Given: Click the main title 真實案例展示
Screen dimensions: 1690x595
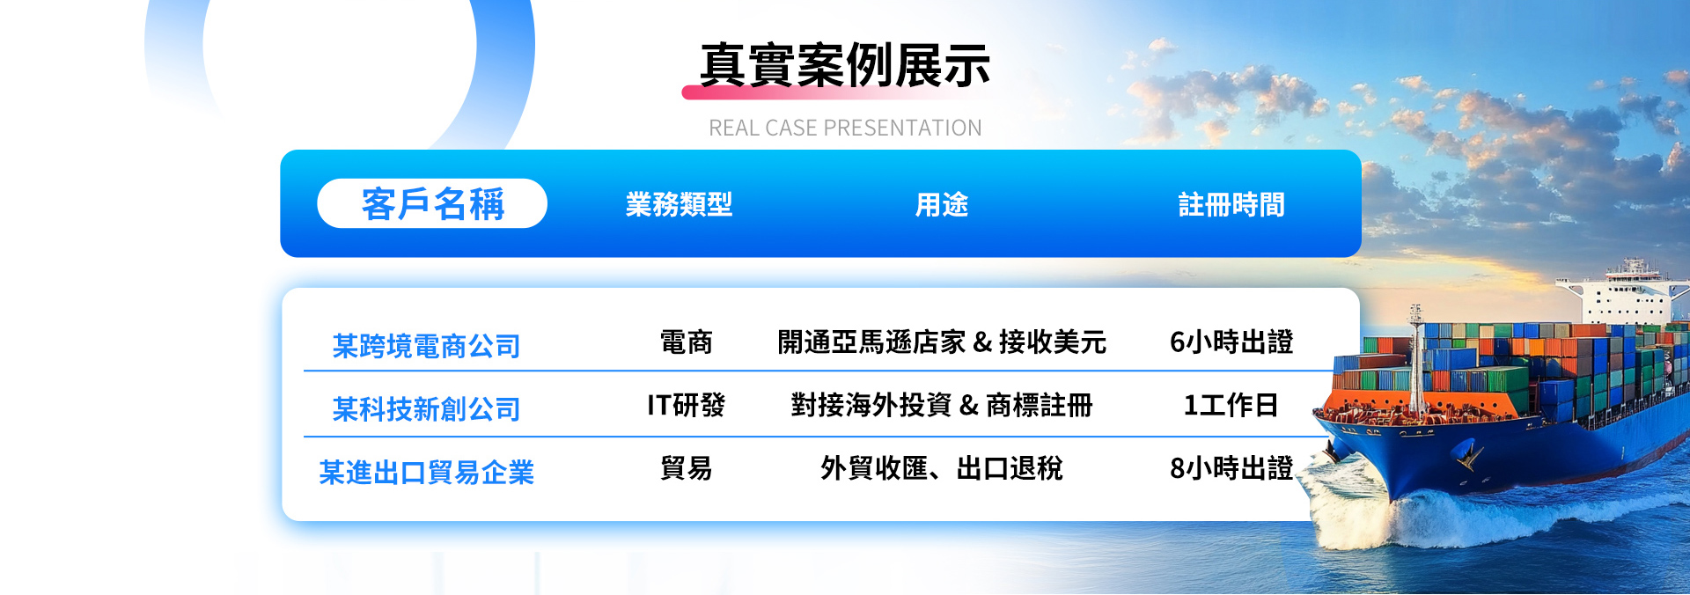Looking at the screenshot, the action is click(x=845, y=65).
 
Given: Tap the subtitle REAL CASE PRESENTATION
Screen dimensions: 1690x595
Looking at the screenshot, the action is click(x=845, y=129).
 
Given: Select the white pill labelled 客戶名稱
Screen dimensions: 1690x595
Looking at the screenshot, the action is click(x=432, y=203).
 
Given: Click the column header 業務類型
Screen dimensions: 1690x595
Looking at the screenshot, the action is click(x=679, y=205).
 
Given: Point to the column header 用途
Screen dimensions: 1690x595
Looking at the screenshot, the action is click(x=942, y=205).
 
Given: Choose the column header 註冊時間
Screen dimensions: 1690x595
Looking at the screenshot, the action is click(x=1231, y=205).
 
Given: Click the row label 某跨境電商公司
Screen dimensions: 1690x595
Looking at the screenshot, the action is click(x=426, y=346).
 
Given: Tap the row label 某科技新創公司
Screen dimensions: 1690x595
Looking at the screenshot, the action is click(x=426, y=409).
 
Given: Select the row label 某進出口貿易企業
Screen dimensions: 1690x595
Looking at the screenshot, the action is click(x=426, y=473).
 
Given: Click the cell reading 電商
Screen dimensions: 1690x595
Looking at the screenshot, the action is click(x=686, y=342).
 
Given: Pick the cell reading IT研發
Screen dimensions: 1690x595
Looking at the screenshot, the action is click(x=686, y=405).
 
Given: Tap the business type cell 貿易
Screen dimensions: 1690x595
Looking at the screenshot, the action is click(x=686, y=468).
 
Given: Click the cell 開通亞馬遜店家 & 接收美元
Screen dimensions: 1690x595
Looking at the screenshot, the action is click(x=942, y=342).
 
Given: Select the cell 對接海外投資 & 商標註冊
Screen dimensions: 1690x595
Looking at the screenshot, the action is click(x=942, y=405).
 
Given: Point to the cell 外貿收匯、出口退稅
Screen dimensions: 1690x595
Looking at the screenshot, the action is click(x=942, y=468).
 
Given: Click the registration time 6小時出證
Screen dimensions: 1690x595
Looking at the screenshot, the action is click(x=1231, y=342).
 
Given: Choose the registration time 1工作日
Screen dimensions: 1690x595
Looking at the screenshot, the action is click(x=1231, y=405).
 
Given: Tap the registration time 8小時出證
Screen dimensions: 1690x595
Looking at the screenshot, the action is click(x=1231, y=468).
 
